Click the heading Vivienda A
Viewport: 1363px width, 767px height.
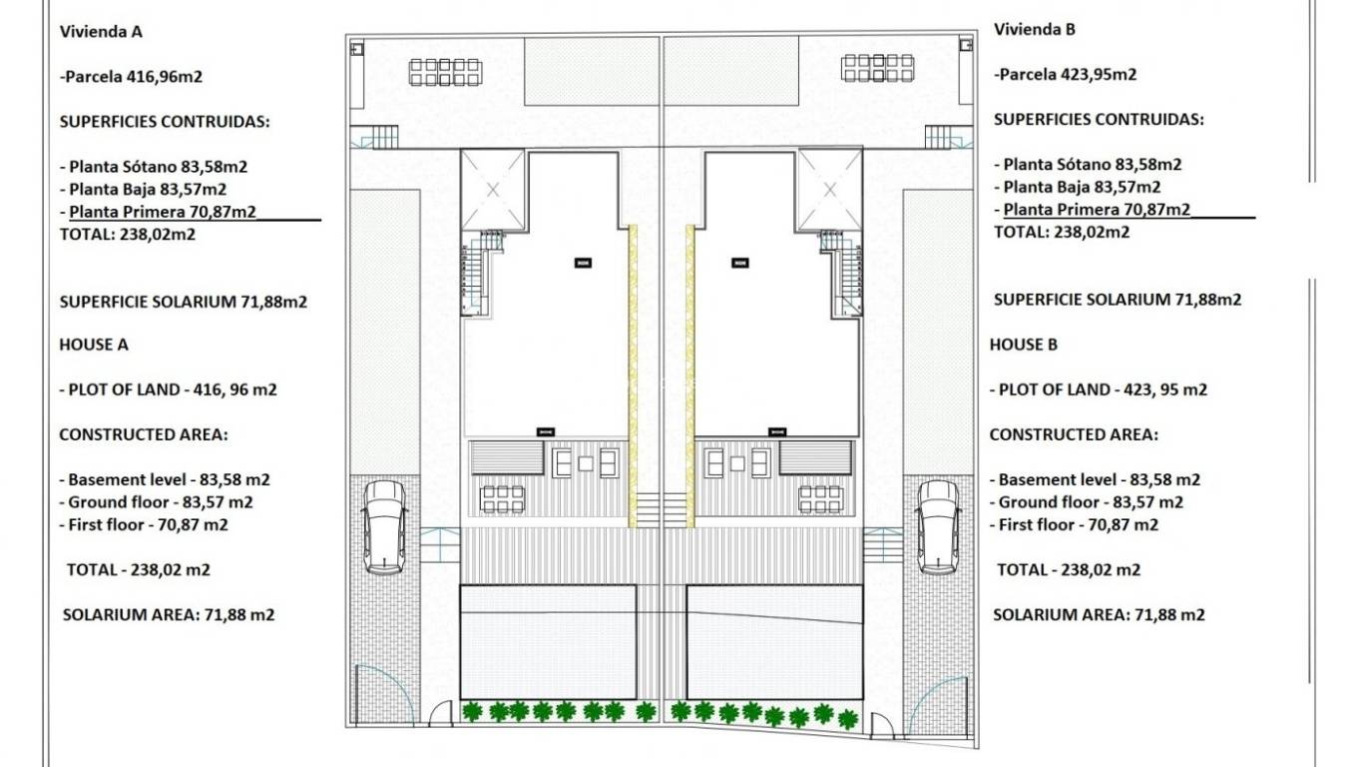pos(102,31)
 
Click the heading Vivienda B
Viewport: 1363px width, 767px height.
pos(1035,29)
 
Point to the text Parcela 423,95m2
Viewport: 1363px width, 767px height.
pos(1066,74)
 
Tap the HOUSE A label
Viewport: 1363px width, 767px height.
pos(94,345)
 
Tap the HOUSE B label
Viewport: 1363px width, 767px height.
pos(1024,345)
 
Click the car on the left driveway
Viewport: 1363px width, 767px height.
pos(384,526)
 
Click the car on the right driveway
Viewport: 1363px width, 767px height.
pos(937,526)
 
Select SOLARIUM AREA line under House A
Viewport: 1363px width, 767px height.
pos(169,615)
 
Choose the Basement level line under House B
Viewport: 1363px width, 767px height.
pos(1099,479)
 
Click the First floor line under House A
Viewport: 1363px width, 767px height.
pos(149,524)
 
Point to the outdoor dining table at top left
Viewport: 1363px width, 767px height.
pos(445,72)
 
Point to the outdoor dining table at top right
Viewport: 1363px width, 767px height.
pos(878,68)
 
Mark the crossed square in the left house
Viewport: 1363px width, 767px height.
pos(492,190)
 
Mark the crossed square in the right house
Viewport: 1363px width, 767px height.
pos(829,190)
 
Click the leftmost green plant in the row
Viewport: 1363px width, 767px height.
pos(473,711)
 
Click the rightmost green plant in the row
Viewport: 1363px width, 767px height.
pos(847,718)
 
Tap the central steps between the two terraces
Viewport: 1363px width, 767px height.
pos(662,509)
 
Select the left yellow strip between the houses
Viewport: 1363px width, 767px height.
pos(633,375)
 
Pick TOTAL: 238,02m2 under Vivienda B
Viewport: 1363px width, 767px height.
pos(1062,232)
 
